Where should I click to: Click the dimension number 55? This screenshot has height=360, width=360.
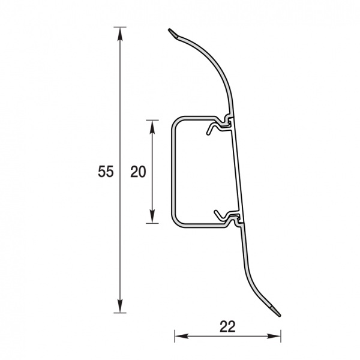pyautogui.click(x=106, y=171)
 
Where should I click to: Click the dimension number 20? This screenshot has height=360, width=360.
pyautogui.click(x=138, y=172)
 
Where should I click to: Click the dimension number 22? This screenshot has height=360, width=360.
pyautogui.click(x=227, y=327)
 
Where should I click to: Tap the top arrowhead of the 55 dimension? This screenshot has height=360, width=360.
pyautogui.click(x=120, y=34)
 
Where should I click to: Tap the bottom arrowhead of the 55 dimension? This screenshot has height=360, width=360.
pyautogui.click(x=120, y=306)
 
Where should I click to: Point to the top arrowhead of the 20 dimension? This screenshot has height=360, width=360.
pyautogui.click(x=152, y=127)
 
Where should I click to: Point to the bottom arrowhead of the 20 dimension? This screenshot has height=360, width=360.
pyautogui.click(x=152, y=217)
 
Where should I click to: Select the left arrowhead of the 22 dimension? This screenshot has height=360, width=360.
pyautogui.click(x=181, y=337)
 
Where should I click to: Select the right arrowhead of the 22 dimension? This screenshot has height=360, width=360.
pyautogui.click(x=274, y=337)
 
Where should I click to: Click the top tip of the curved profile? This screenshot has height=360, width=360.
pyautogui.click(x=169, y=29)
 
